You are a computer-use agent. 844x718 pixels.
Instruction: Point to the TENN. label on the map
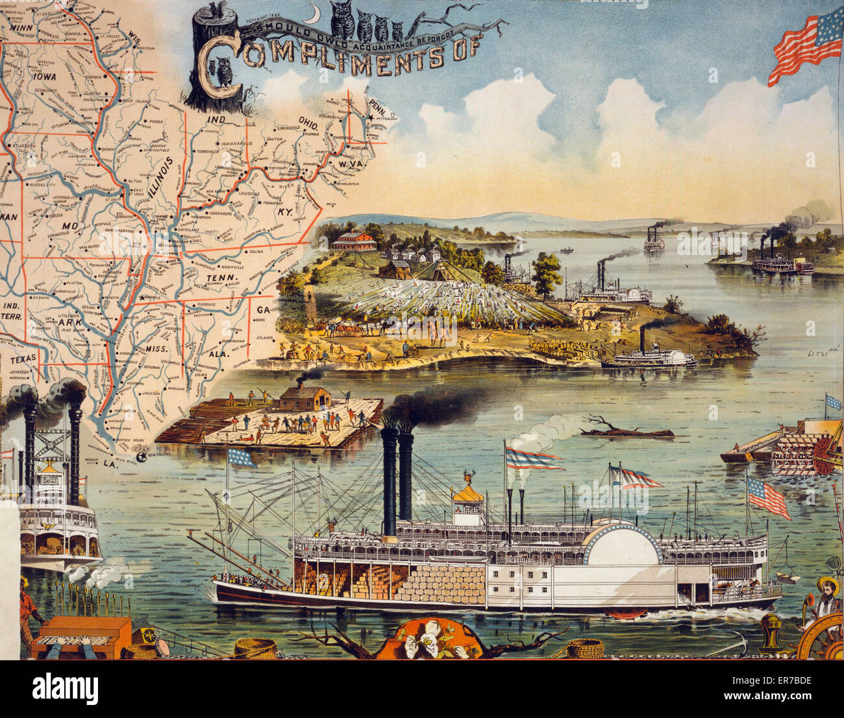(216, 279)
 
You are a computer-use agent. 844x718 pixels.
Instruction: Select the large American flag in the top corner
(805, 47)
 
